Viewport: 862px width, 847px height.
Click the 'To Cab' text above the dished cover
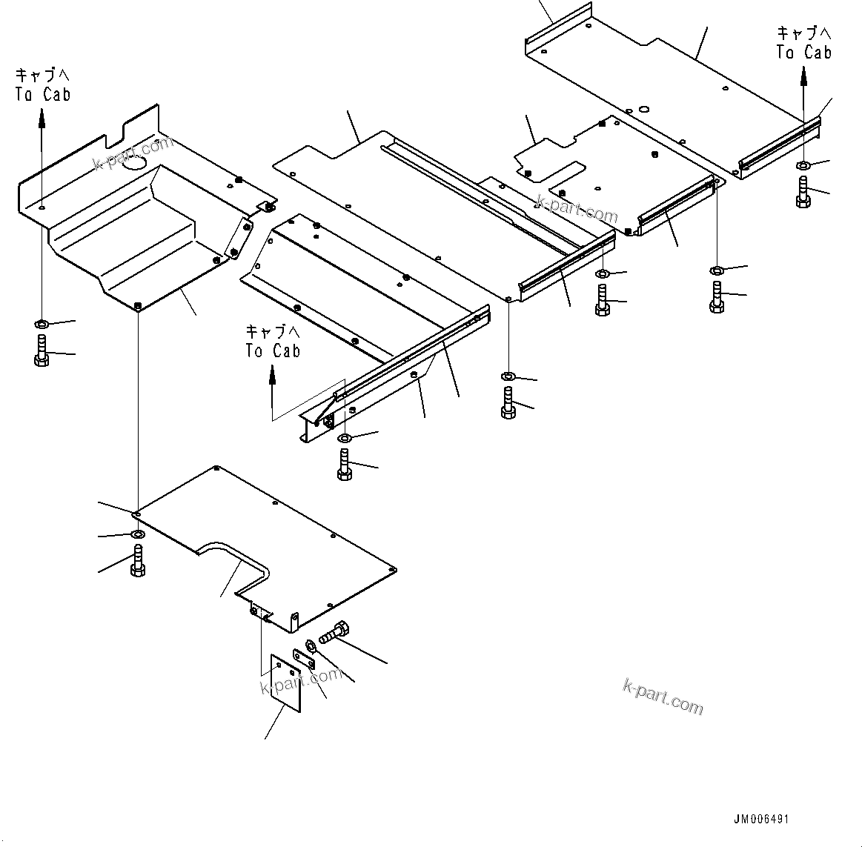coord(42,94)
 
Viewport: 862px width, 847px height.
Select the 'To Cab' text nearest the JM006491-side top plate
coord(803,53)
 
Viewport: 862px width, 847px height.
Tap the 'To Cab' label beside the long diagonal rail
coord(273,351)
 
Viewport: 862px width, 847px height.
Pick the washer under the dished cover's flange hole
coord(42,324)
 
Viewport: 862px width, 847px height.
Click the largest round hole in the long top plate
coord(643,107)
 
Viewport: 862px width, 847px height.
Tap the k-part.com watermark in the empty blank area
coord(663,696)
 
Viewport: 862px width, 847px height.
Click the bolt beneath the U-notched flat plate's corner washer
coord(137,560)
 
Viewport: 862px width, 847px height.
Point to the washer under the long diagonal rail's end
coord(345,439)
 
